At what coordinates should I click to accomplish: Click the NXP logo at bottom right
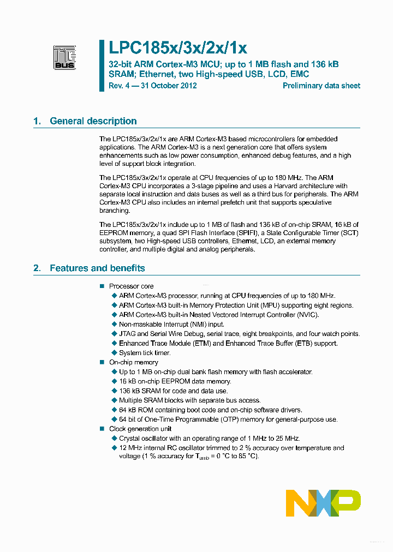click(323, 503)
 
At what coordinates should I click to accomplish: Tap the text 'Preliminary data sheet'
click(321, 86)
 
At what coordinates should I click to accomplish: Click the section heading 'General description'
click(93, 121)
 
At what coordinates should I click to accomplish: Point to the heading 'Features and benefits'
click(97, 268)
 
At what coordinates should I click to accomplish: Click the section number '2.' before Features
click(37, 268)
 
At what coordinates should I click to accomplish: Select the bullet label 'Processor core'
click(132, 286)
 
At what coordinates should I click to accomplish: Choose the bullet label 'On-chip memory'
click(134, 362)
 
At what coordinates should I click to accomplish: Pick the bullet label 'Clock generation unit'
click(140, 429)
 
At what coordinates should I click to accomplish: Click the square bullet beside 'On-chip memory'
click(101, 362)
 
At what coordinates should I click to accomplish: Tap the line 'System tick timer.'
click(145, 353)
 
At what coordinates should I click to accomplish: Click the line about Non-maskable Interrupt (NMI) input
click(171, 324)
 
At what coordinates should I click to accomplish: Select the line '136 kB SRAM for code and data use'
click(174, 391)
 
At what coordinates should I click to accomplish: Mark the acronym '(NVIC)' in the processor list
click(307, 315)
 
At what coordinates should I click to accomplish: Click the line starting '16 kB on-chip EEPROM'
click(175, 381)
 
